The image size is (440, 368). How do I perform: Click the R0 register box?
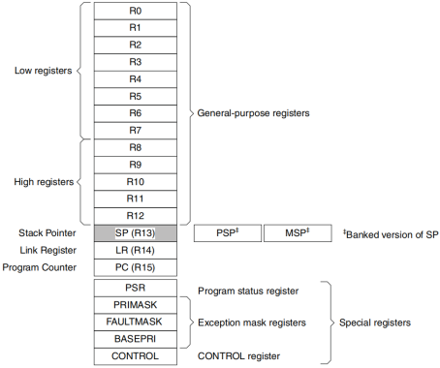tap(135, 11)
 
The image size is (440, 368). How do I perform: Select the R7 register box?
tap(135, 130)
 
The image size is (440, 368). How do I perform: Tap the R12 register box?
tap(135, 215)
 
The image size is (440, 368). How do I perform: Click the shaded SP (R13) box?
tap(135, 233)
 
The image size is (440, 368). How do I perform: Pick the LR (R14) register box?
tap(135, 251)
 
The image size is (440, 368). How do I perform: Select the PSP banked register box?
tap(227, 233)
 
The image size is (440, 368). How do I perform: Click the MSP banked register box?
tap(296, 233)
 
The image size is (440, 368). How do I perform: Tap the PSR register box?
tap(135, 289)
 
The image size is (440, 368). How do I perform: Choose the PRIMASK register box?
tap(135, 305)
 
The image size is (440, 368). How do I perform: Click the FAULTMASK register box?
tap(135, 322)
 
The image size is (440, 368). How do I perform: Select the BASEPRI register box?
tap(135, 339)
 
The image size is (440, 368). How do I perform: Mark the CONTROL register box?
tap(135, 356)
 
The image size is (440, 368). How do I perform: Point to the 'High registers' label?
tap(44, 181)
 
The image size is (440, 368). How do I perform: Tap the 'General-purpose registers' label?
tap(253, 113)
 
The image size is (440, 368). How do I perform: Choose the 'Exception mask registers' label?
tap(255, 322)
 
